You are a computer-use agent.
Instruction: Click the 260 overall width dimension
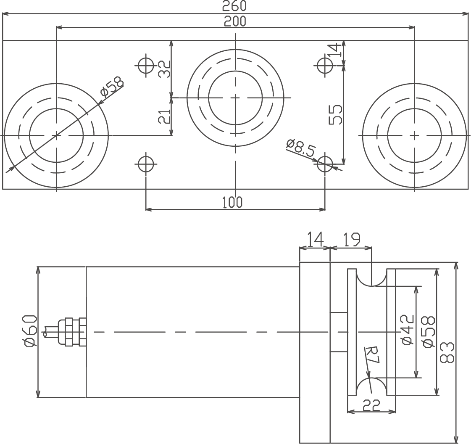coord(234,6)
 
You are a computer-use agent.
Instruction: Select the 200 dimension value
coord(235,21)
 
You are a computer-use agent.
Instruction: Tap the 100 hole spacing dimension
coord(232,202)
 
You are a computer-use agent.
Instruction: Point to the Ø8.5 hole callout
coord(301,148)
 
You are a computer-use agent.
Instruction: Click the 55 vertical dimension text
coord(336,114)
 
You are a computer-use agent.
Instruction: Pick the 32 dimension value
coord(164,69)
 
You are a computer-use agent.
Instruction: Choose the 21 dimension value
coord(164,116)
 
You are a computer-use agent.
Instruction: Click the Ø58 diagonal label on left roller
coord(112,87)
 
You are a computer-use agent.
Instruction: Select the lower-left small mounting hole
coord(146,164)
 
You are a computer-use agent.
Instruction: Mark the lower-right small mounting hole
coord(325,164)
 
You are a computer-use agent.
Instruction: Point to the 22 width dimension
coord(371,405)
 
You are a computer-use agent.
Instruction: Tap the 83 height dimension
coord(447,353)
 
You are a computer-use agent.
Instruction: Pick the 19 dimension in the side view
coord(350,240)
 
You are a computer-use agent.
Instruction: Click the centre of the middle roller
coord(235,98)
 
